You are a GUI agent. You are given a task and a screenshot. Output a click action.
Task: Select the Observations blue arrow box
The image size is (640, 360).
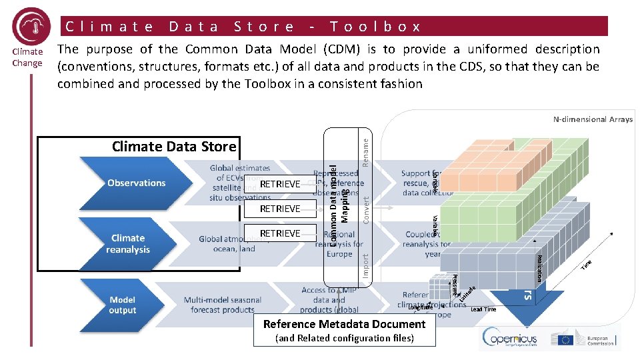coord(137,183)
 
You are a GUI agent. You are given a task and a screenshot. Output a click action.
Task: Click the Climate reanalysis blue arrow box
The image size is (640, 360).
coord(128,243)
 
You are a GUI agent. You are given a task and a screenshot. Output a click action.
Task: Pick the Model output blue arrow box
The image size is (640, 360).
coord(123,305)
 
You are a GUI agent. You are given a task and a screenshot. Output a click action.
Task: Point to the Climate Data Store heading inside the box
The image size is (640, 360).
coord(174,147)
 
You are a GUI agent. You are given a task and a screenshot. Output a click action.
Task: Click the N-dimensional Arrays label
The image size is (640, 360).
coord(593,120)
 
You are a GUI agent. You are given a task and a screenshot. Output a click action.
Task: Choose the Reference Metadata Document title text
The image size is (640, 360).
coord(344,324)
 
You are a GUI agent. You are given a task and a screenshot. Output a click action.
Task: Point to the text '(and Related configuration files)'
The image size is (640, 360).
coord(344,338)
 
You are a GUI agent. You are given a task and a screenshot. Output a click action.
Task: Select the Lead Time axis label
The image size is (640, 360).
coord(483,309)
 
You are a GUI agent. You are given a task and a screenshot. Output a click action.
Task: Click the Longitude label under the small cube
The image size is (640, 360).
coord(421,307)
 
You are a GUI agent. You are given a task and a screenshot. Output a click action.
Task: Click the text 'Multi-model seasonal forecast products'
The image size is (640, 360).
coord(223,305)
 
